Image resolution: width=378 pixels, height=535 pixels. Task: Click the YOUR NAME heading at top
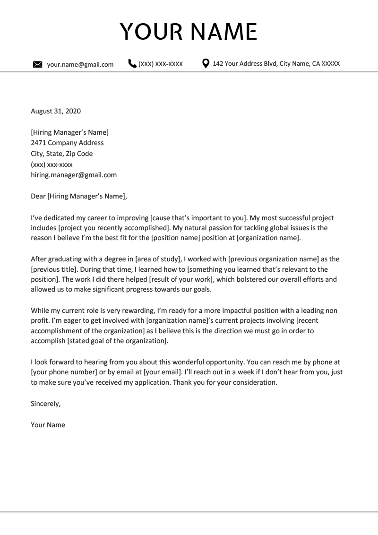189,32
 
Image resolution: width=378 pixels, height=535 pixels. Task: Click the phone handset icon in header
132,64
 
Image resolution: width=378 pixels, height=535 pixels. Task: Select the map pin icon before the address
206,64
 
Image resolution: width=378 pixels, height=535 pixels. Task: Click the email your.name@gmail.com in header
80,65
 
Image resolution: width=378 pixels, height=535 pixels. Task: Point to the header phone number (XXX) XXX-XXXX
160,64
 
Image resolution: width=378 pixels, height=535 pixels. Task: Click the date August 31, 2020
56,112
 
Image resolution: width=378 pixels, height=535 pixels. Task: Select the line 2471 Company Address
67,143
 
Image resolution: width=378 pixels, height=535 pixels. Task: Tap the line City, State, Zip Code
61,154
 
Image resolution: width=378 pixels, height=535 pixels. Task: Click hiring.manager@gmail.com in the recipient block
73,175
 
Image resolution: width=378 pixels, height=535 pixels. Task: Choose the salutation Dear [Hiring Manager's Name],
79,197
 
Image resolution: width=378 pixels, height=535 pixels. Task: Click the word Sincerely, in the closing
46,404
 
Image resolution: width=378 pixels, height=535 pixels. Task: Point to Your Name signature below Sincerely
48,425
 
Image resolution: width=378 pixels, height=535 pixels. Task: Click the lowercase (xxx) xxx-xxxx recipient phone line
52,164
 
